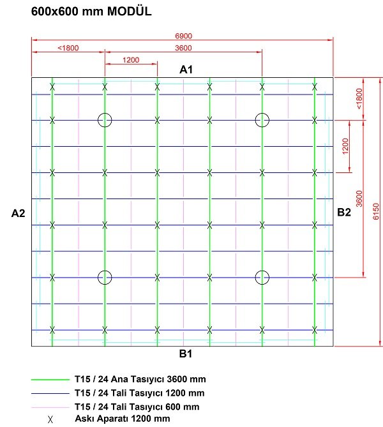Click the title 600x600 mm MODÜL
(91, 11)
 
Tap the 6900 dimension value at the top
(183, 36)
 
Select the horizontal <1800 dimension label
(68, 48)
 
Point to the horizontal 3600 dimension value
(183, 48)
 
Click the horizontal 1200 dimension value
(131, 60)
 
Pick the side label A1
(186, 70)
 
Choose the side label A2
(18, 213)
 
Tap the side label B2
(344, 212)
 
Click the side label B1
(186, 354)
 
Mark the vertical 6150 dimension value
(376, 211)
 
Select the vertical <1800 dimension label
(359, 98)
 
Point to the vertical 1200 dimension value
(345, 146)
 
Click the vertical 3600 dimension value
(359, 199)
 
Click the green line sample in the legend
(50, 380)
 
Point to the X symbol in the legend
(50, 419)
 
